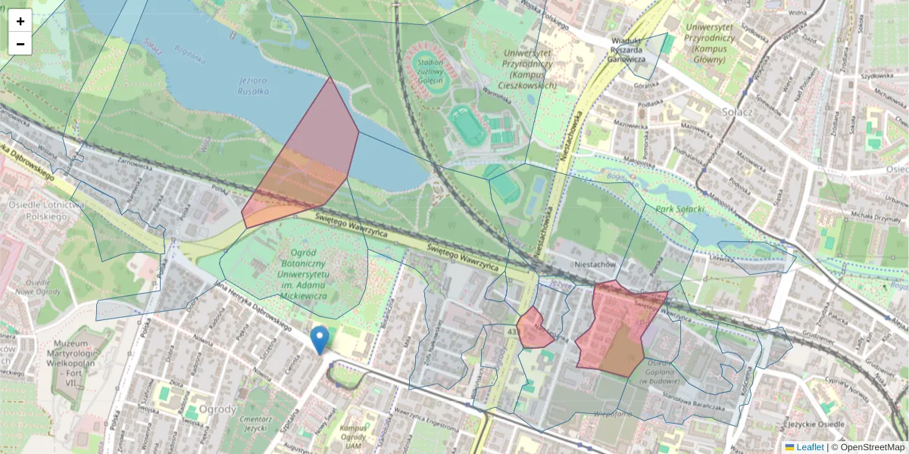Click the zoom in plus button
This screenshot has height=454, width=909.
(20, 21)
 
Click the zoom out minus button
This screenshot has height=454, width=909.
(20, 44)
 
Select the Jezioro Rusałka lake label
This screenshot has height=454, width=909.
(254, 86)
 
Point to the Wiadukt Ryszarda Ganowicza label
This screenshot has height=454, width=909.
(628, 49)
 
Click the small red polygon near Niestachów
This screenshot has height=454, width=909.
(535, 329)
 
